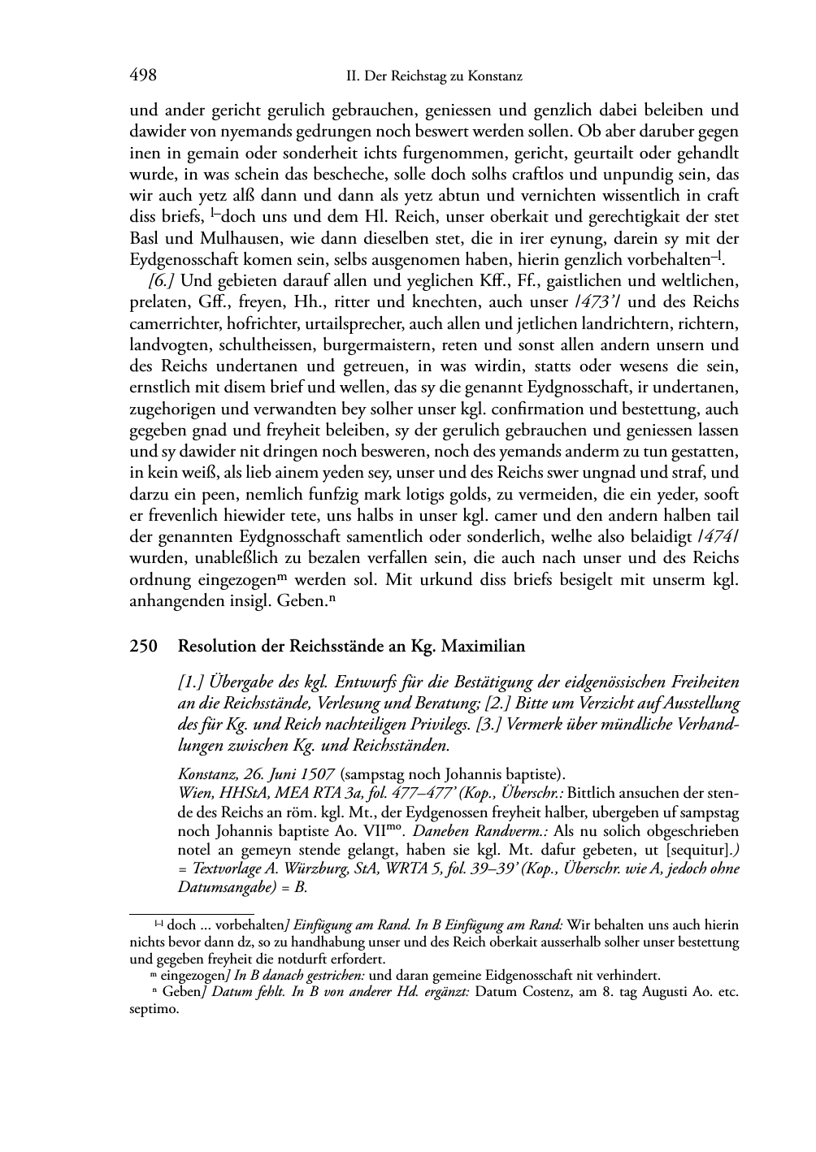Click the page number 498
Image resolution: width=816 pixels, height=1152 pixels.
coord(143,76)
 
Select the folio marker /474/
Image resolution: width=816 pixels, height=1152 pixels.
coord(718,536)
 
